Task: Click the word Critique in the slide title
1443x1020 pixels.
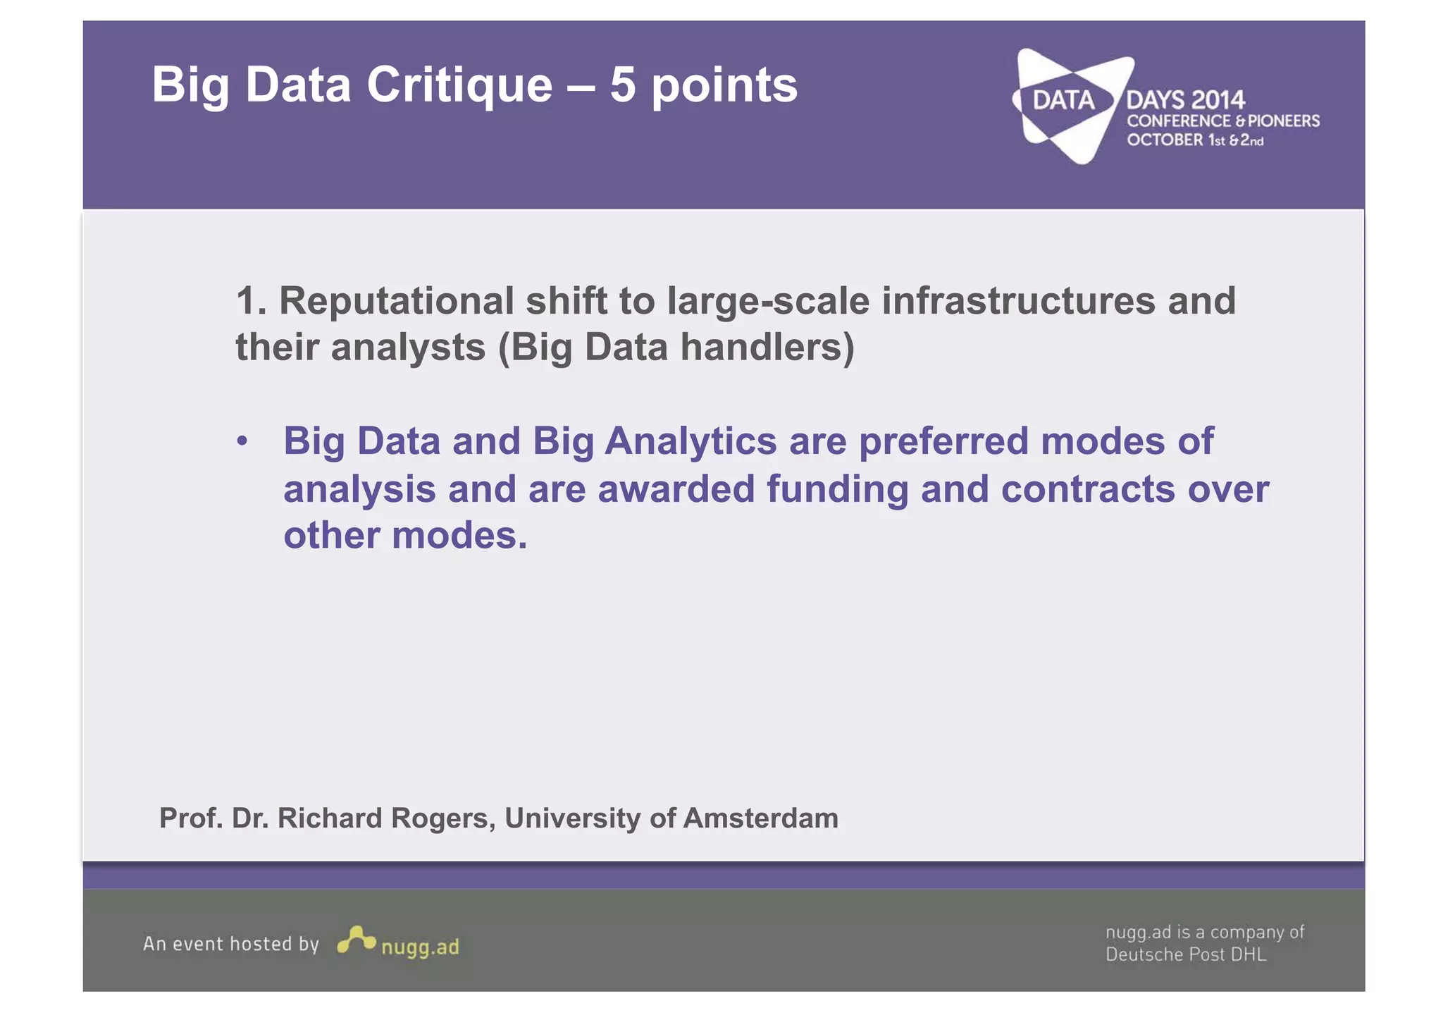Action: click(459, 85)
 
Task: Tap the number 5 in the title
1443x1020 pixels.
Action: click(622, 85)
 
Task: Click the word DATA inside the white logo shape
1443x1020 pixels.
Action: click(1063, 101)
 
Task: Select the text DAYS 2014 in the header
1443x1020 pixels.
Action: click(1185, 100)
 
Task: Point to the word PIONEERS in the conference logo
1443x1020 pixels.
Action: click(1284, 121)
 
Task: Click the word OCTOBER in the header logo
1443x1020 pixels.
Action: click(1165, 140)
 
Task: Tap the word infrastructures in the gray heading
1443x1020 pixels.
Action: click(1018, 301)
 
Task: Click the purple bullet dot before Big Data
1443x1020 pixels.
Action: click(242, 442)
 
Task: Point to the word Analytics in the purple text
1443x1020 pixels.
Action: click(690, 442)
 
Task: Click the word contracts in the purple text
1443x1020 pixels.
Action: click(1088, 489)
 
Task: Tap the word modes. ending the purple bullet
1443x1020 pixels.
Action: click(459, 536)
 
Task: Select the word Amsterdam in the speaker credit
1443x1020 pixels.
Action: click(760, 818)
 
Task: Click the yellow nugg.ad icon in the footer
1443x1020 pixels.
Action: click(356, 940)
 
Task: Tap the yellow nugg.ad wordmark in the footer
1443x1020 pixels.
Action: click(420, 947)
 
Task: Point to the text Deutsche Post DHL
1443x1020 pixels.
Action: click(1185, 954)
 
